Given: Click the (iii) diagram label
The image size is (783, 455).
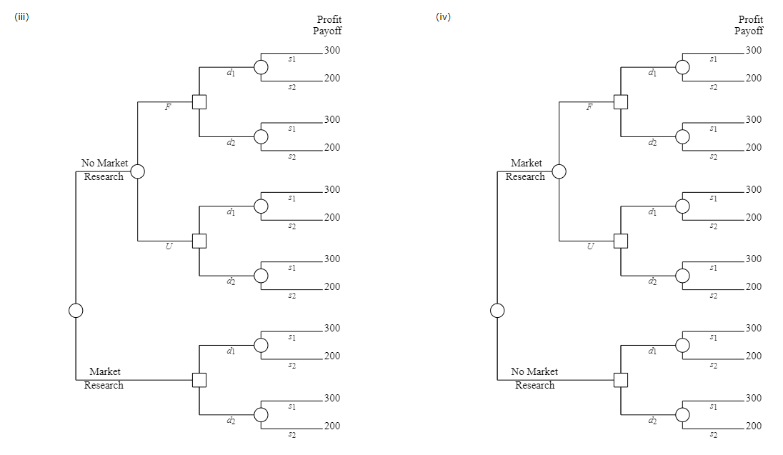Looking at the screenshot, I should (x=21, y=17).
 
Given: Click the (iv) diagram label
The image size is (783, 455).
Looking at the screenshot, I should (x=443, y=17).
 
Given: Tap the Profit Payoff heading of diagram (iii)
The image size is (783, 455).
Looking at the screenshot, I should (x=327, y=25).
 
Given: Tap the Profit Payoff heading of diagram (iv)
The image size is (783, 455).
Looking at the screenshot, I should (x=749, y=25).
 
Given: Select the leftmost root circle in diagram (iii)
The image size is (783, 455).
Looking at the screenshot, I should (x=76, y=310).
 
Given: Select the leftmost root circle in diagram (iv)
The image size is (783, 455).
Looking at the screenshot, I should (x=497, y=310).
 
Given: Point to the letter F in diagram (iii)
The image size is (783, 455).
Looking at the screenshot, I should (x=168, y=108).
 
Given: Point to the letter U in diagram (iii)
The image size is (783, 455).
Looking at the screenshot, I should (x=169, y=247).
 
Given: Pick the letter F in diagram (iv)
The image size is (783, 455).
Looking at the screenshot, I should (x=589, y=108).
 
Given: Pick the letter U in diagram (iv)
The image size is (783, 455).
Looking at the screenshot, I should (x=590, y=247).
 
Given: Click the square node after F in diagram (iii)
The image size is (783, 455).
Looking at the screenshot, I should (x=199, y=102).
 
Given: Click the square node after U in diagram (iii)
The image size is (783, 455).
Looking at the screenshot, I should (x=199, y=241).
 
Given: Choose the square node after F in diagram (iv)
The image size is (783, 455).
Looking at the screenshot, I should (x=621, y=102).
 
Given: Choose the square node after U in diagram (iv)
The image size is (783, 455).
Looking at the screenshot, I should (x=621, y=241).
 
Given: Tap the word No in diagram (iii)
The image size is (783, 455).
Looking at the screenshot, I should (x=89, y=164).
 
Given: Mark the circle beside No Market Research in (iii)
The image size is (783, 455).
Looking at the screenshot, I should (x=138, y=171).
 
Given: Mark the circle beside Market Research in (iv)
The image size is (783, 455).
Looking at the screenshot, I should (x=559, y=171).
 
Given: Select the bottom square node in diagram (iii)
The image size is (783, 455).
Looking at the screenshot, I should (x=199, y=380).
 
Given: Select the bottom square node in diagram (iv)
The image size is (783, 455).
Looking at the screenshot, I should (x=621, y=380).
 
